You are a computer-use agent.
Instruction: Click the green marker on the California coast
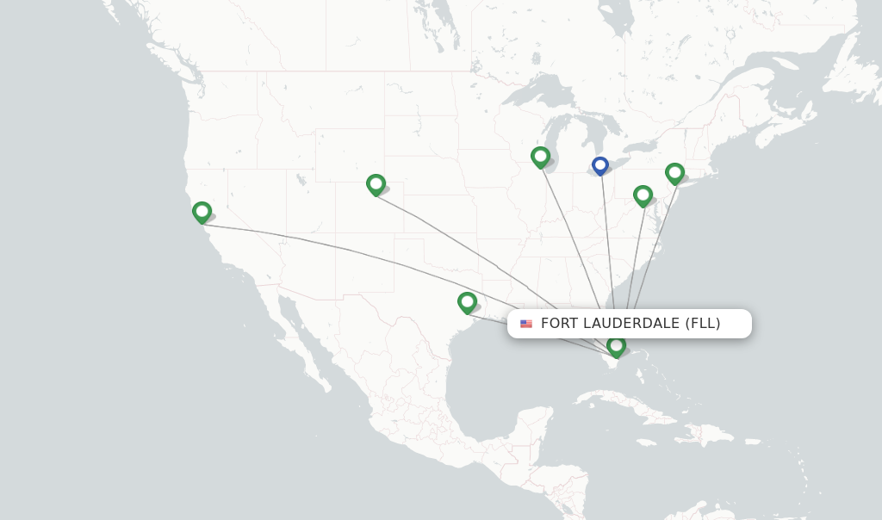(x=202, y=211)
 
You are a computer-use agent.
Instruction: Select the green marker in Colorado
(x=376, y=183)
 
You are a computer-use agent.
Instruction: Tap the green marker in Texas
(x=467, y=301)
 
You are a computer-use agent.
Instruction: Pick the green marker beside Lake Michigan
(x=540, y=156)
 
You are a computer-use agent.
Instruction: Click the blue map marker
(x=600, y=164)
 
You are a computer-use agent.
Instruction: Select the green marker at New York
(x=674, y=172)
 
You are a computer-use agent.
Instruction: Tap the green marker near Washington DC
(x=643, y=195)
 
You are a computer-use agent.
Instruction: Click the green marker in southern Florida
(x=616, y=345)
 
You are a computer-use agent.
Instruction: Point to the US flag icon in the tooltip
(x=526, y=324)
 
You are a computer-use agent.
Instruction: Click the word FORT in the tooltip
(x=556, y=324)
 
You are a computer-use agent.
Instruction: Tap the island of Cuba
(x=637, y=405)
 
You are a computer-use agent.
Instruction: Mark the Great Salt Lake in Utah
(x=301, y=180)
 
